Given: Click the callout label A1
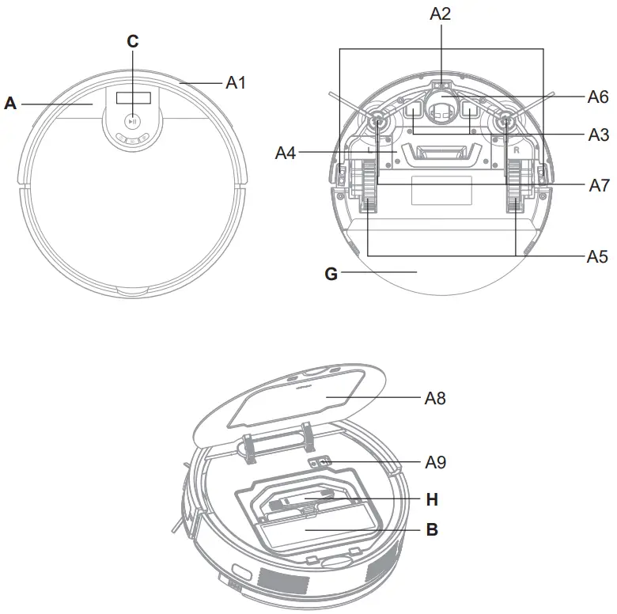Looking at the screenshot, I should pos(237,81).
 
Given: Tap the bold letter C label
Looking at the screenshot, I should pos(133,42).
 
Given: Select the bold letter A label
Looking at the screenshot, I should pos(10,103).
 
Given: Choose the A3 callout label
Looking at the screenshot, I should pos(598,135).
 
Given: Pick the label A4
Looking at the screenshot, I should pos(286,152).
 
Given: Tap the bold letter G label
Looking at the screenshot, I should pos(331,274).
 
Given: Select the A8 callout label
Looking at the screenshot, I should pos(435,398).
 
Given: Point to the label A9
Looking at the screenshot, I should pos(435,462).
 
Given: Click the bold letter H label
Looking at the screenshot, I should pos(432,499).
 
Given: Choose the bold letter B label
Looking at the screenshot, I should pos(432,529).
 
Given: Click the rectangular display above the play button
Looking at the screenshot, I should pos(133,98).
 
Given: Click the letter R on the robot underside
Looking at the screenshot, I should pos(515,148).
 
